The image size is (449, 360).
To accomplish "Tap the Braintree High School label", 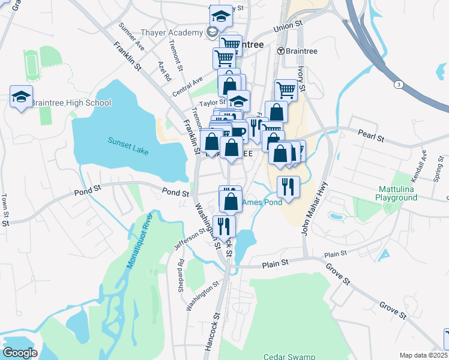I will click(70, 103).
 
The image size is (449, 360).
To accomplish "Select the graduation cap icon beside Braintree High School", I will click(21, 97).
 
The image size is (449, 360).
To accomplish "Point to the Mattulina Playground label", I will click(397, 193).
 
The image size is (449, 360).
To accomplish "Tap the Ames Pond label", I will click(263, 202).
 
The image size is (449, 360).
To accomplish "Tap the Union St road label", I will click(287, 28).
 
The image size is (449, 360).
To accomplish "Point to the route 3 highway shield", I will click(397, 85).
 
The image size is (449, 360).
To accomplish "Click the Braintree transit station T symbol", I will click(280, 51).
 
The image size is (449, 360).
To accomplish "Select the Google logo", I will click(20, 353).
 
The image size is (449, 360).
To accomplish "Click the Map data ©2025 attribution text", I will click(423, 356).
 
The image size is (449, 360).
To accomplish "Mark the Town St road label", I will click(5, 209).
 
